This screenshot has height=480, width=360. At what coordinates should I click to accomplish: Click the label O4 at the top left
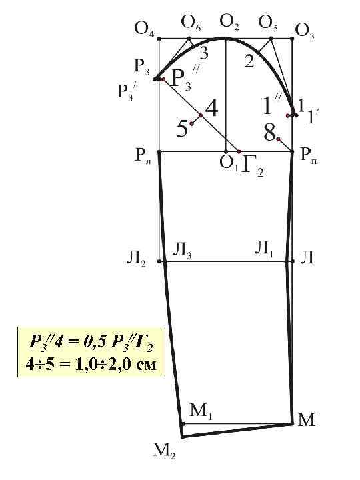tap(144, 28)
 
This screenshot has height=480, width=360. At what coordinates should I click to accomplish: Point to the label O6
tap(191, 24)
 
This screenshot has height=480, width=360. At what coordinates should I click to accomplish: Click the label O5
tap(269, 24)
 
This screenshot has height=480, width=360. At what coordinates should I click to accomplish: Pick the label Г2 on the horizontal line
tap(252, 165)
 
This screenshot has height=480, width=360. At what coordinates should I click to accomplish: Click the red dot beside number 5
tap(192, 123)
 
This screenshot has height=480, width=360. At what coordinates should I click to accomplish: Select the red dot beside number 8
tap(279, 139)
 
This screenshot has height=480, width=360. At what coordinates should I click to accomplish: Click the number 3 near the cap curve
tap(201, 55)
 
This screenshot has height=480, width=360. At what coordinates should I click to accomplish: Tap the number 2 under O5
tap(249, 62)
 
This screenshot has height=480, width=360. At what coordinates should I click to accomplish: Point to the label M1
tap(201, 411)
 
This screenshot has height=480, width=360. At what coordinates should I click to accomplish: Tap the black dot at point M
tap(293, 423)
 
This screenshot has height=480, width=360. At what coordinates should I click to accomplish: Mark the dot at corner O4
tap(159, 39)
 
